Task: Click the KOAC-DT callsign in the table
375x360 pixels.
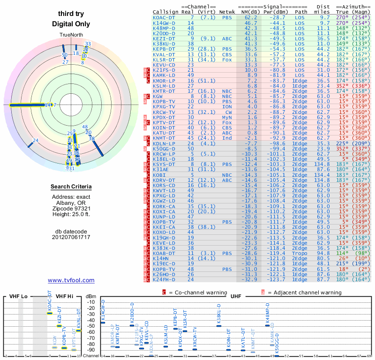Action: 164,17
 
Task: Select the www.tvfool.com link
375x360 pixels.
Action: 71,280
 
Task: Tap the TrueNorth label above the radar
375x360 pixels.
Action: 71,36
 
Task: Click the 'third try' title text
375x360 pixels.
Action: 71,14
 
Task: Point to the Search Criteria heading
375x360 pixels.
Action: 71,187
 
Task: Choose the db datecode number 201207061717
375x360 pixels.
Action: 71,237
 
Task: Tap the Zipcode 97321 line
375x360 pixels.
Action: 71,208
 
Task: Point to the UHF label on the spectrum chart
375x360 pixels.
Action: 236,297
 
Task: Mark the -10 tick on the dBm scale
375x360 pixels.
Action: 90,302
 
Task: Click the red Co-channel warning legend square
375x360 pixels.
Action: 164,292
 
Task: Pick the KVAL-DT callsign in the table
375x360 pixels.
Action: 164,54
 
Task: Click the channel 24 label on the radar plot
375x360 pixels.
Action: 36,140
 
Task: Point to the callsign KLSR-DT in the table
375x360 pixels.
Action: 164,60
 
